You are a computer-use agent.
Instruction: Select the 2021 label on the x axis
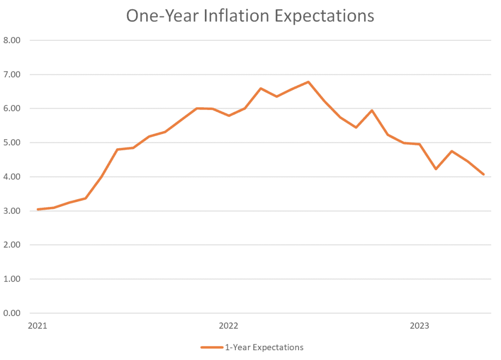click(38, 326)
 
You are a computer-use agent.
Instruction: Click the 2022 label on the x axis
click(228, 326)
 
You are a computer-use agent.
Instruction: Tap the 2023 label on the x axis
click(419, 326)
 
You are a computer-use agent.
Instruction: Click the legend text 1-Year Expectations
click(264, 348)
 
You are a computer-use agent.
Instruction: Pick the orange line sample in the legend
click(211, 348)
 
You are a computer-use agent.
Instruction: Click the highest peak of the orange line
click(308, 82)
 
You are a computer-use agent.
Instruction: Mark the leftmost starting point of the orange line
click(38, 209)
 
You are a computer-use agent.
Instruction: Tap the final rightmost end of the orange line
click(483, 174)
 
